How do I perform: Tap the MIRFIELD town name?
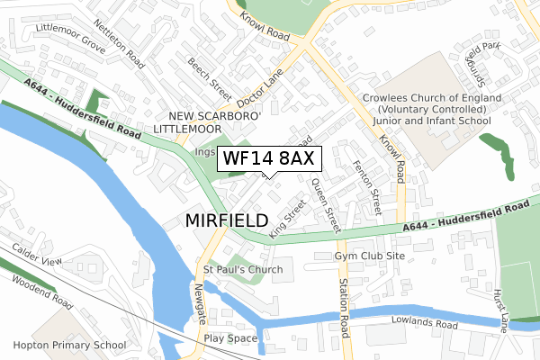click(x=227, y=220)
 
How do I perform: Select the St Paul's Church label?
click(x=242, y=269)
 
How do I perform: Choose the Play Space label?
click(x=230, y=339)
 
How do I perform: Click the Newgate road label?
click(x=200, y=302)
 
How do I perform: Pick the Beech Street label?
click(x=210, y=77)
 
